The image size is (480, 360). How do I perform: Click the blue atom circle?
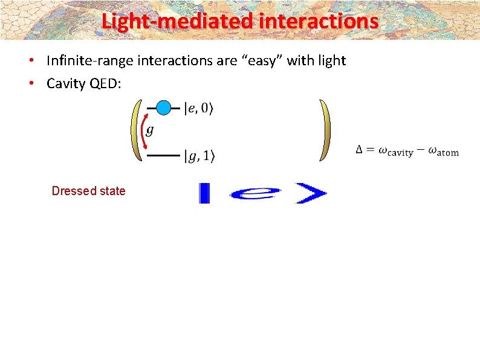tap(163, 108)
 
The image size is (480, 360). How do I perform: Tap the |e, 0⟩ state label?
tap(198, 109)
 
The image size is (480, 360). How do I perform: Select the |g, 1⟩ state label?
tap(198, 156)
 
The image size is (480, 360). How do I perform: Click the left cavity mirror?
tap(136, 130)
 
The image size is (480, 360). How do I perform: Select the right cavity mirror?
tap(326, 130)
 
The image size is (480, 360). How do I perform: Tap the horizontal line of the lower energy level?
tap(163, 156)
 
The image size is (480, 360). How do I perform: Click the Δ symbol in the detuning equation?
tap(360, 150)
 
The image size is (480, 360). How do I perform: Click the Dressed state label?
tap(88, 191)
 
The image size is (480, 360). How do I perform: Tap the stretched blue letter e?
tap(256, 193)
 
